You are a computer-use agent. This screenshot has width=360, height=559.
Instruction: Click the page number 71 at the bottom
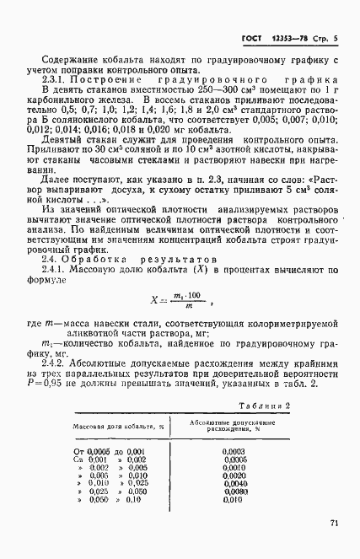point(335,524)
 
